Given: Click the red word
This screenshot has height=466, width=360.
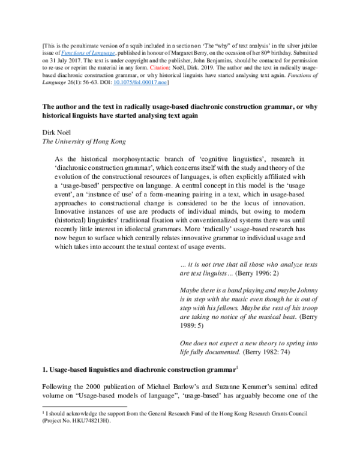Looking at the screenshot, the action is click(x=159, y=68).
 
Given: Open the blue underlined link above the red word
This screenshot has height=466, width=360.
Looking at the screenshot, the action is click(x=88, y=53).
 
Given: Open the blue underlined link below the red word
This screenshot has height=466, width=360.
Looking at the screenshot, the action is click(x=140, y=82).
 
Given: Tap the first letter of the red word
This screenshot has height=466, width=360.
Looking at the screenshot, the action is click(x=151, y=68).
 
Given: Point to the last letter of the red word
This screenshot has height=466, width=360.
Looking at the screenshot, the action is click(x=167, y=68).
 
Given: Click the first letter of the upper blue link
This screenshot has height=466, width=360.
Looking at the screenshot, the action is click(x=63, y=53).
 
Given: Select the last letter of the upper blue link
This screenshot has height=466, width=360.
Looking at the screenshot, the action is click(x=113, y=53).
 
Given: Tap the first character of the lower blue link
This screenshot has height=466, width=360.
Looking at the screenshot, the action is click(x=115, y=82).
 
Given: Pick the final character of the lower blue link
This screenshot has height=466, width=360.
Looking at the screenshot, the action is click(x=165, y=83).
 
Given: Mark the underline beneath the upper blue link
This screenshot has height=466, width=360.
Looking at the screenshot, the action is click(x=88, y=56).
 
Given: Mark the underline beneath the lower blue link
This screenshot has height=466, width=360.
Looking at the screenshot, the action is click(x=140, y=85).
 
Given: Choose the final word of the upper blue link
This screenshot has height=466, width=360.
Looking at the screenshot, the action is click(x=102, y=53).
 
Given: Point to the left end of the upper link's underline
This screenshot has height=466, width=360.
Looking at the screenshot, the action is click(x=61, y=56).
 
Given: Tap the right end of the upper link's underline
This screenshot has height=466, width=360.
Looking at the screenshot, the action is click(x=115, y=56).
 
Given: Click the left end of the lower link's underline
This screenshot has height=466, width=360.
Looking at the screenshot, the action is click(x=113, y=85).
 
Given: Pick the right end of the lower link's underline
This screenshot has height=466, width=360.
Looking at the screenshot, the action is click(x=167, y=85).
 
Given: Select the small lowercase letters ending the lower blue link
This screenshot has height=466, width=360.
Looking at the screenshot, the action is click(x=162, y=83).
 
